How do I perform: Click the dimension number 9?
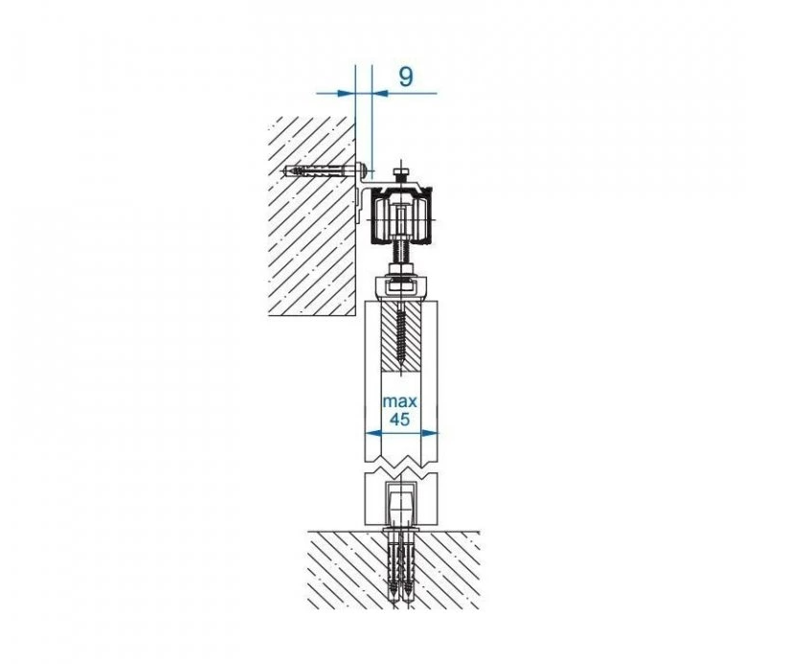pyautogui.click(x=406, y=77)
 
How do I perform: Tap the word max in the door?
pyautogui.click(x=400, y=401)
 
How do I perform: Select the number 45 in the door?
pyautogui.click(x=400, y=419)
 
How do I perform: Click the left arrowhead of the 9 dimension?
pyautogui.click(x=346, y=93)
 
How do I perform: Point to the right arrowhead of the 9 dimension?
pyautogui.click(x=380, y=93)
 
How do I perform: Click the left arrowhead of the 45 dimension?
pyautogui.click(x=373, y=432)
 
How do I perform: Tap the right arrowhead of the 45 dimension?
pyautogui.click(x=429, y=432)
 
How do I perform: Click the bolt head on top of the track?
pyautogui.click(x=401, y=175)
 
